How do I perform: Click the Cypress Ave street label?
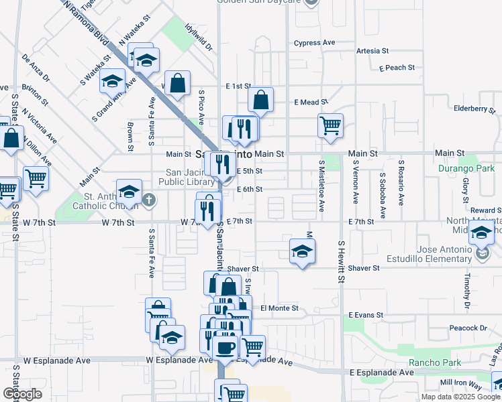[314, 43]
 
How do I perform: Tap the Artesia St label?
[372, 51]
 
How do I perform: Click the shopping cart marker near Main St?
[330, 125]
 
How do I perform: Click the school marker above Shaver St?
[302, 251]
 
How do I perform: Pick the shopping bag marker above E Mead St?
[260, 100]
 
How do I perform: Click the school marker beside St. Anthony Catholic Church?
[129, 192]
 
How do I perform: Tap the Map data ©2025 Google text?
[460, 397]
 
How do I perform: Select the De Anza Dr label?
[36, 68]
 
